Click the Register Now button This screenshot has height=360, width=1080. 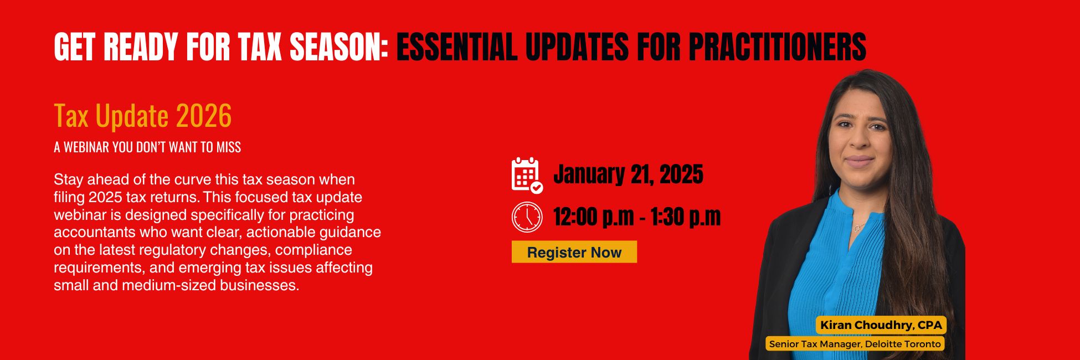574,252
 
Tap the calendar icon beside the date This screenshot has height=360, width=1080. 527,175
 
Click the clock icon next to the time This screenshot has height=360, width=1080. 527,217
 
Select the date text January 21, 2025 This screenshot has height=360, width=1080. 628,174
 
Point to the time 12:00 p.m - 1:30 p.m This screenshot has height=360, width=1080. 637,217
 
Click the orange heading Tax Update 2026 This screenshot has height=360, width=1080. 143,116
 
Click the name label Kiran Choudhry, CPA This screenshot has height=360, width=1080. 881,325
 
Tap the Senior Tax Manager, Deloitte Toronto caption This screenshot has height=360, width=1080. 855,344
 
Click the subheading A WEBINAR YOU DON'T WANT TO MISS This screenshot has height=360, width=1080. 147,147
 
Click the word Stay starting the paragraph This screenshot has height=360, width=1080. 69,180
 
